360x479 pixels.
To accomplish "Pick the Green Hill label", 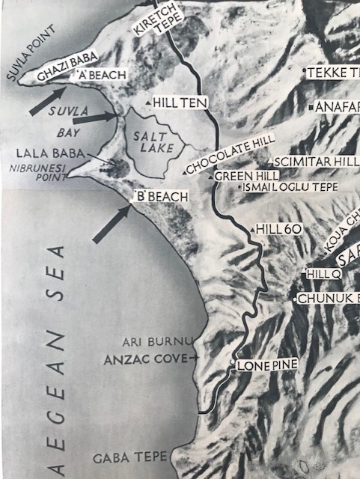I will tap(236, 174).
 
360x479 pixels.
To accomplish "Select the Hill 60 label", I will tap(277, 228).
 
